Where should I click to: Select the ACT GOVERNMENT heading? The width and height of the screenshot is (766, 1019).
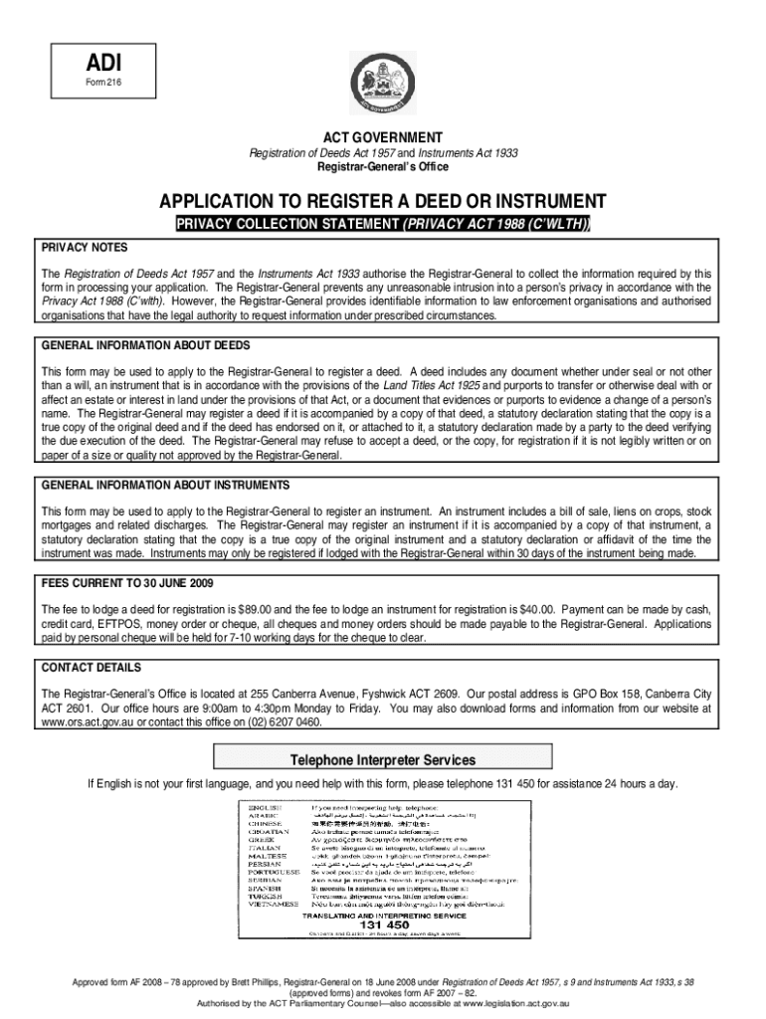382,136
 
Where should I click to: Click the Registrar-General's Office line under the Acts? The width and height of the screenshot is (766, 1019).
382,167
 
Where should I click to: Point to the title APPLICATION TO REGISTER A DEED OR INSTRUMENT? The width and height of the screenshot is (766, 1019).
382,200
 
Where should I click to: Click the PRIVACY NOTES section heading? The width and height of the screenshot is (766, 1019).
84,247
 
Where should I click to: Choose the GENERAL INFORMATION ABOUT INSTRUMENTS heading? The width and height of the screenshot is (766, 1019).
165,485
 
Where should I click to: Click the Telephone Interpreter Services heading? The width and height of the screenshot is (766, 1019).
382,760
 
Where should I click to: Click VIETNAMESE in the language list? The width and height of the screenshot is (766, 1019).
274,904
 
